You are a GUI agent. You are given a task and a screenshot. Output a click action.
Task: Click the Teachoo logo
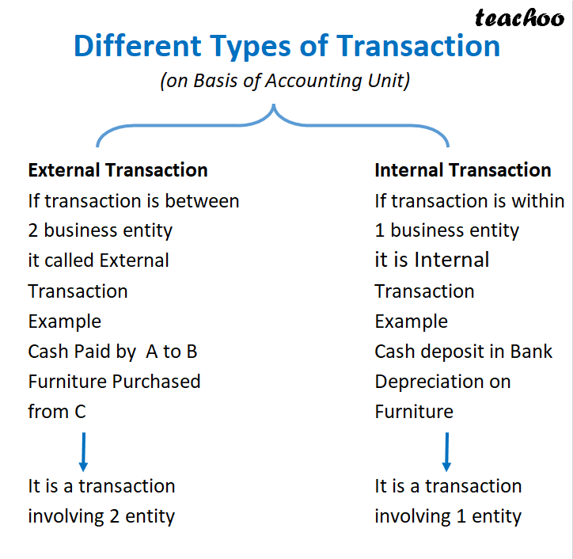pyautogui.click(x=519, y=17)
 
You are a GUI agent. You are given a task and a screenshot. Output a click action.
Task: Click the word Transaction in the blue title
pyautogui.click(x=419, y=46)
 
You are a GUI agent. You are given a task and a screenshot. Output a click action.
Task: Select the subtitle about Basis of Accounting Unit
pyautogui.click(x=286, y=81)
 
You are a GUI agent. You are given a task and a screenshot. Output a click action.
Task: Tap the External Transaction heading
pyautogui.click(x=118, y=170)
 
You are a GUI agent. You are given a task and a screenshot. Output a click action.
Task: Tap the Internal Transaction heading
pyautogui.click(x=463, y=170)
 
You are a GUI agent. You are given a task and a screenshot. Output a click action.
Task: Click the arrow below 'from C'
pyautogui.click(x=83, y=451)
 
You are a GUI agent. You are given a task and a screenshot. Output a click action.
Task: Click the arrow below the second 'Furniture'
pyautogui.click(x=446, y=451)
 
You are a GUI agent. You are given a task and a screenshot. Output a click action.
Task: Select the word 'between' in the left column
pyautogui.click(x=203, y=201)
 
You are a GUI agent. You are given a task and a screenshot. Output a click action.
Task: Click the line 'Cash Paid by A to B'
pyautogui.click(x=112, y=352)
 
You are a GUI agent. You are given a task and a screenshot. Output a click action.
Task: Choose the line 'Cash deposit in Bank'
pyautogui.click(x=464, y=352)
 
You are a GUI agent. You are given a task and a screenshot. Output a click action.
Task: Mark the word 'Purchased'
pyautogui.click(x=157, y=382)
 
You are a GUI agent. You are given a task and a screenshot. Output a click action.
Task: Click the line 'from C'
pyautogui.click(x=57, y=412)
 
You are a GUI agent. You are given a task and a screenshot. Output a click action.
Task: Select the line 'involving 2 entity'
pyautogui.click(x=101, y=517)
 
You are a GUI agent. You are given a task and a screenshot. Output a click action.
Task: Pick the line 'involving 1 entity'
pyautogui.click(x=448, y=517)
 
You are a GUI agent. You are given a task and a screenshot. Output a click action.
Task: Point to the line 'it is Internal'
pyautogui.click(x=432, y=260)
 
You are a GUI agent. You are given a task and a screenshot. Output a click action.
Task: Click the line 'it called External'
pyautogui.click(x=99, y=260)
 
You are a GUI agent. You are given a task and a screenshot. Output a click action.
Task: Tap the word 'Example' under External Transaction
pyautogui.click(x=65, y=321)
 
